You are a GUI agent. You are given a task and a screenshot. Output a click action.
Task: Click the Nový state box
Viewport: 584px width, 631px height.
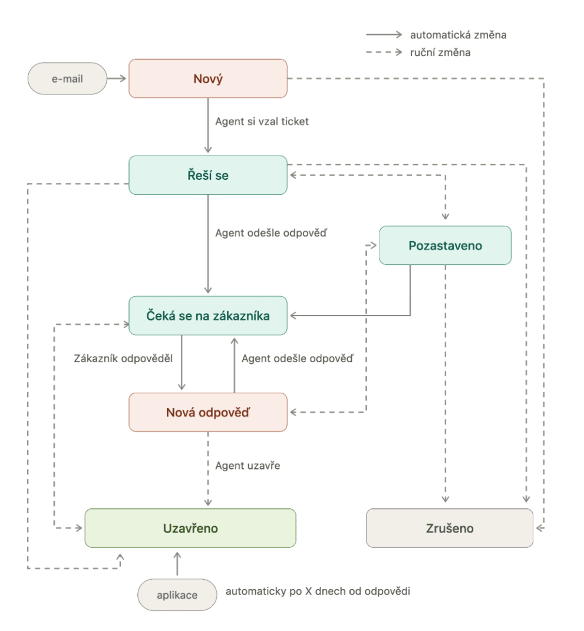pyautogui.click(x=208, y=78)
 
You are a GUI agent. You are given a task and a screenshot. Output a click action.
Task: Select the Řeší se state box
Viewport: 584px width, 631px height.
pyautogui.click(x=208, y=175)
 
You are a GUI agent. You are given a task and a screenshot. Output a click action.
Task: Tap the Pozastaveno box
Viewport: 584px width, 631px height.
pyautogui.click(x=446, y=245)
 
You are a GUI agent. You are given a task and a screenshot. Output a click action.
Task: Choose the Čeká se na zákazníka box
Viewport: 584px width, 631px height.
pyautogui.click(x=208, y=315)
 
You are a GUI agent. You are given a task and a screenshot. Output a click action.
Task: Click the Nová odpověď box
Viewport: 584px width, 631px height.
pyautogui.click(x=208, y=412)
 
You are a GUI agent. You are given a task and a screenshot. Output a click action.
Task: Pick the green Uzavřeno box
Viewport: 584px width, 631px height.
pyautogui.click(x=190, y=528)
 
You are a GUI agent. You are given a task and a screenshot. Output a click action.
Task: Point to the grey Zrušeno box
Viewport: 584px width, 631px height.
pyautogui.click(x=450, y=528)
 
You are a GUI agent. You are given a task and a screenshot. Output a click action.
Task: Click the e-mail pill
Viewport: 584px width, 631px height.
pyautogui.click(x=67, y=78)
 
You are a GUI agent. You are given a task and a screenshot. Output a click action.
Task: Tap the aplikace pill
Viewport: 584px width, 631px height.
pyautogui.click(x=177, y=595)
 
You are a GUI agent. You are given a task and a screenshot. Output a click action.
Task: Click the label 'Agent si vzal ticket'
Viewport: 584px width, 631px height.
pyautogui.click(x=262, y=121)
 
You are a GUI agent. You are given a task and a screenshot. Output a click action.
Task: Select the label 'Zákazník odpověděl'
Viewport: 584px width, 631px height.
pyautogui.click(x=123, y=359)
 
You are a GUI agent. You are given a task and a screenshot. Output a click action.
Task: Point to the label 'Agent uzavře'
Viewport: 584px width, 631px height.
pyautogui.click(x=248, y=466)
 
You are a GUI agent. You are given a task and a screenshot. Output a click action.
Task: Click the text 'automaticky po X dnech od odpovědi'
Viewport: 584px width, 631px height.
pyautogui.click(x=318, y=591)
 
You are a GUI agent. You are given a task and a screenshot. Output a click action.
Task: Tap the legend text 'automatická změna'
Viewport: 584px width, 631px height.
pyautogui.click(x=458, y=35)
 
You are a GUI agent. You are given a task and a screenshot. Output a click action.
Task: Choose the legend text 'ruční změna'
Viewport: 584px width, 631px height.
pyautogui.click(x=440, y=52)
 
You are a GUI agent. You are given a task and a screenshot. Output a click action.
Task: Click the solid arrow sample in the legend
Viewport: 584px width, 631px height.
pyautogui.click(x=384, y=35)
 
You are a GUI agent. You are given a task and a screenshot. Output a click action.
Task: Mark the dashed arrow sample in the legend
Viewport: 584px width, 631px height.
pyautogui.click(x=384, y=52)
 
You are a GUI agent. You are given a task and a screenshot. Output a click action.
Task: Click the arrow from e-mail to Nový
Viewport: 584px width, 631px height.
pyautogui.click(x=117, y=78)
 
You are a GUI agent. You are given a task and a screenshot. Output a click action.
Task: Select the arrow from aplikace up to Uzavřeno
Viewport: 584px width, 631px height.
pyautogui.click(x=177, y=564)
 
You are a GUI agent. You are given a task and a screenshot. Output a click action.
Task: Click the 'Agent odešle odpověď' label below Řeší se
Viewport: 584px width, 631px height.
pyautogui.click(x=271, y=233)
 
